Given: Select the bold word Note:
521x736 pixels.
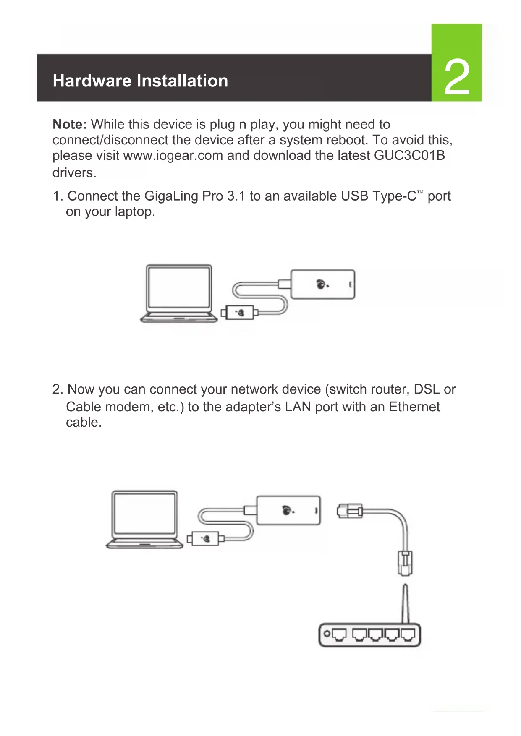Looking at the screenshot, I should point(69,124).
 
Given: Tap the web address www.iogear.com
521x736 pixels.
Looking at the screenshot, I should point(173,155).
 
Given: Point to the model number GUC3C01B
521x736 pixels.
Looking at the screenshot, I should point(409,155).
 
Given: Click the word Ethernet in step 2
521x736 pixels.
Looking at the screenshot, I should point(414,407).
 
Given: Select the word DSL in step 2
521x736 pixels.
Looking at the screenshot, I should point(427,389).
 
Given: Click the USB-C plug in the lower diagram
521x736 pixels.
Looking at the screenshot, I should point(204,538).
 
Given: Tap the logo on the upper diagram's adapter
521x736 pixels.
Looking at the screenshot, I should point(322,284).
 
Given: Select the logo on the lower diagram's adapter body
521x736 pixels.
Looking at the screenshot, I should point(288,510).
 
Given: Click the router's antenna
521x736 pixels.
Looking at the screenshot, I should point(405,603).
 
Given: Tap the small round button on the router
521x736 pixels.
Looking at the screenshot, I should point(327,634).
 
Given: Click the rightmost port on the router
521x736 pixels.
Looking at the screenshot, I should point(407,634).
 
